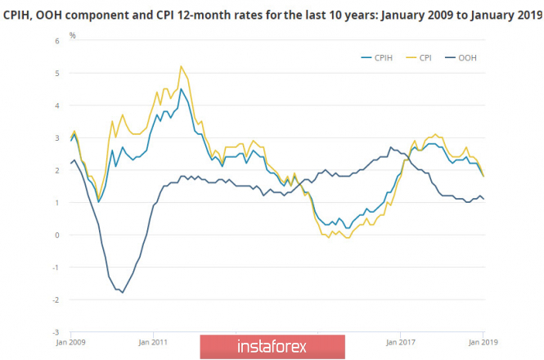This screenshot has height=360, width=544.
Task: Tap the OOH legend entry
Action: point(466,57)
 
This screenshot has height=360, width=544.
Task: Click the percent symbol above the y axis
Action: point(72,35)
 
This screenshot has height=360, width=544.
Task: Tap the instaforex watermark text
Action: point(272,346)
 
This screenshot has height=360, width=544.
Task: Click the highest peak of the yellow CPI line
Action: point(181,66)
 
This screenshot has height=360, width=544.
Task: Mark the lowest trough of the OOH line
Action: point(123,292)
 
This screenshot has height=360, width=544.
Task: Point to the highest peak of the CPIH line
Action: point(181,89)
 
